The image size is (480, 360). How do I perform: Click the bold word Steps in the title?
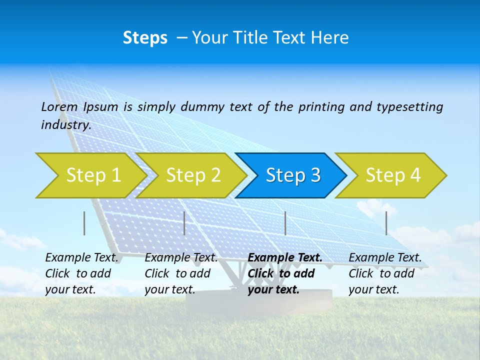click(x=145, y=38)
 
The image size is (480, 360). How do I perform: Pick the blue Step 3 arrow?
click(x=292, y=175)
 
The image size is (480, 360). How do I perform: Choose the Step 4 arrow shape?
click(x=392, y=175)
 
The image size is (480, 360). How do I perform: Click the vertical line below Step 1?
click(x=84, y=223)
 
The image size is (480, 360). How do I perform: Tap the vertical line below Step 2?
click(x=184, y=223)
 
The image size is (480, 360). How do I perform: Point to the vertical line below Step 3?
click(x=285, y=223)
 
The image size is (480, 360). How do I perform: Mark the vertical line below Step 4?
click(x=386, y=223)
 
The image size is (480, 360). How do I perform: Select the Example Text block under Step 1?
click(x=81, y=273)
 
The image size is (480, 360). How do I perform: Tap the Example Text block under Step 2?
click(x=181, y=273)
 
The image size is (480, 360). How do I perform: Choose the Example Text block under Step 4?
click(x=385, y=273)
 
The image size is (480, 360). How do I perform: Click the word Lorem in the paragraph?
click(x=59, y=107)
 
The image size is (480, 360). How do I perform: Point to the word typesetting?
click(x=409, y=107)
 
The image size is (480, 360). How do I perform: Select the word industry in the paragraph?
click(x=65, y=125)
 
